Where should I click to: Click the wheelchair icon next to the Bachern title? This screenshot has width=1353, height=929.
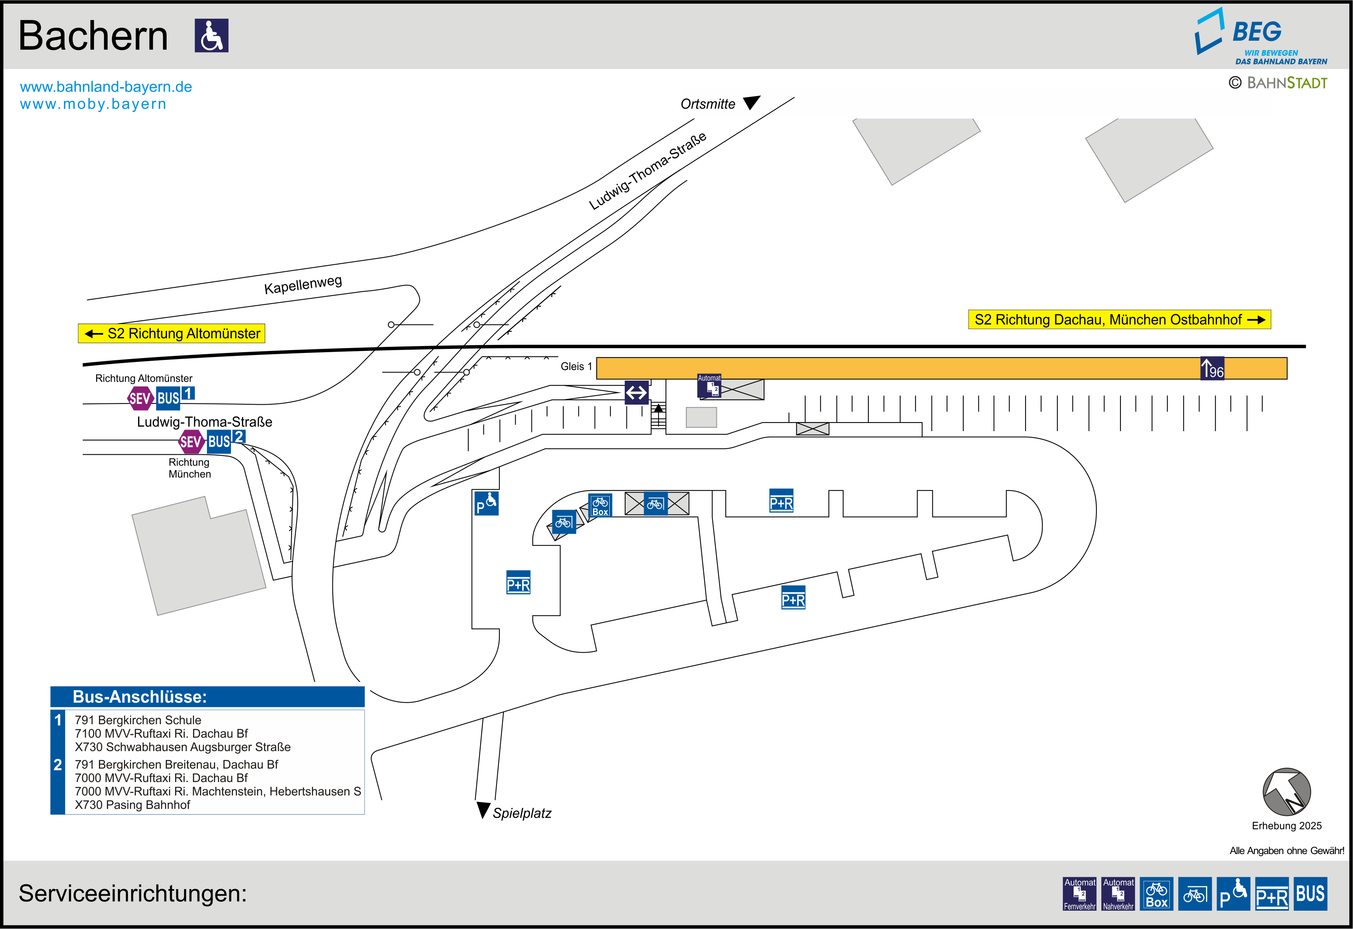[211, 35]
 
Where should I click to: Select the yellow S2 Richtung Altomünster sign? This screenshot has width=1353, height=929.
[172, 333]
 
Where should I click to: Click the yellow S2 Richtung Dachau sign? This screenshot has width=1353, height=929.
[1118, 320]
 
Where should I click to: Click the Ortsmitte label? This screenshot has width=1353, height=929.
[707, 104]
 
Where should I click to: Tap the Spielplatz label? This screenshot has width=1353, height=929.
[522, 813]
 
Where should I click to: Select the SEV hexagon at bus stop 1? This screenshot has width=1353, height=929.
[140, 398]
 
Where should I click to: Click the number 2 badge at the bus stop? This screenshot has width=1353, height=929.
[239, 436]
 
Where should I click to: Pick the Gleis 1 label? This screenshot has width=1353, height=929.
[576, 366]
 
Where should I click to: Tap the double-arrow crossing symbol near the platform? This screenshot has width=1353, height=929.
[636, 392]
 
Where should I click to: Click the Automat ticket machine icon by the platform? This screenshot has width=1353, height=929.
[709, 386]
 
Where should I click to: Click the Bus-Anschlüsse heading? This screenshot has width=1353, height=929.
[140, 697]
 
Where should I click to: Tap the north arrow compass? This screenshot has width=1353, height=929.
[1287, 792]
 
